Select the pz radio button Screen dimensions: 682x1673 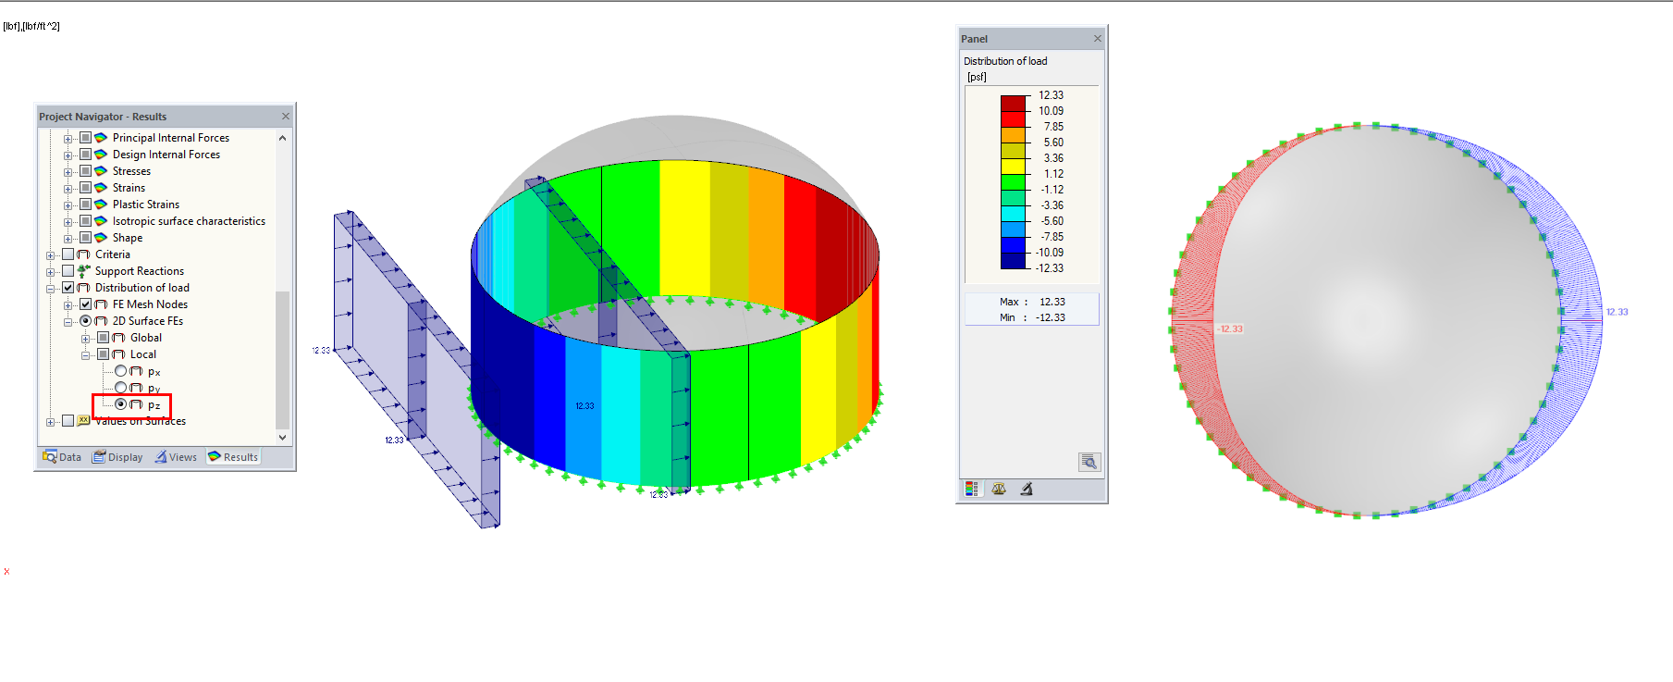tap(120, 404)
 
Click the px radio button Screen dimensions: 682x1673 tap(120, 371)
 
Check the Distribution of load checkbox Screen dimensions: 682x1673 tap(68, 288)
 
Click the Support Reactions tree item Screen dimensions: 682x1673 tap(139, 271)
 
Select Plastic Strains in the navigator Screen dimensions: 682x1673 tap(145, 205)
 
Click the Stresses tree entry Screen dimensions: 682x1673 tap(131, 171)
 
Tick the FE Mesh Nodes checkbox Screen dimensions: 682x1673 tap(85, 304)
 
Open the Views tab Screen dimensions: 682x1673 tap(176, 457)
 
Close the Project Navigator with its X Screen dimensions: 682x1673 tap(286, 117)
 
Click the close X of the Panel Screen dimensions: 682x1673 tap(1098, 39)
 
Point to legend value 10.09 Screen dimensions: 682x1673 tap(1051, 111)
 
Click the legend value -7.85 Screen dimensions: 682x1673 tap(1052, 237)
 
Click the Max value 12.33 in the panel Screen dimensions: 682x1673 tap(1052, 302)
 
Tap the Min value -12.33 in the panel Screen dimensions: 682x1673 tap(1050, 317)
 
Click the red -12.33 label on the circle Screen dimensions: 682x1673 tap(1229, 329)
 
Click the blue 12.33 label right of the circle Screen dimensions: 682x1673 tap(1617, 312)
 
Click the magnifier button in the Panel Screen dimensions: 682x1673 tap(1089, 462)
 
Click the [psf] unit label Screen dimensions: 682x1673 tap(977, 77)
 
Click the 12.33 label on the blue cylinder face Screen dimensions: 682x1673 tap(584, 406)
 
